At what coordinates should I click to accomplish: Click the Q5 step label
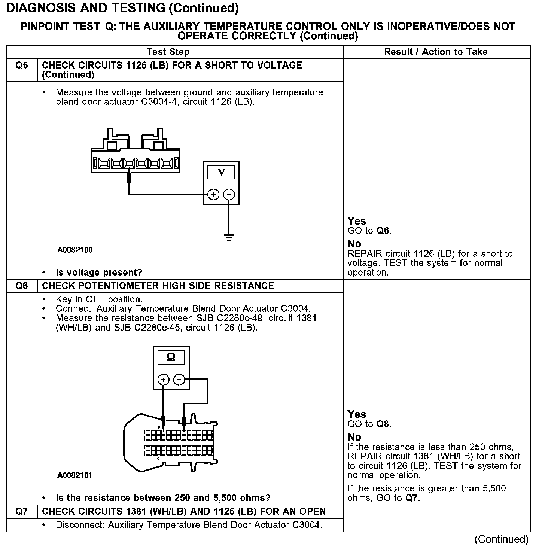click(22, 66)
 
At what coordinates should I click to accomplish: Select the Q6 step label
click(22, 286)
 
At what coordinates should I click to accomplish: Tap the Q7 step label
click(22, 512)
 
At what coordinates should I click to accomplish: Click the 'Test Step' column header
click(168, 52)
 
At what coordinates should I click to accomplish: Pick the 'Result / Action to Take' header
click(436, 52)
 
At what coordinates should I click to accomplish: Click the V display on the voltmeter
click(221, 173)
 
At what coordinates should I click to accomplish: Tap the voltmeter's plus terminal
click(213, 195)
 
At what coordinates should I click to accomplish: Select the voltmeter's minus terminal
click(229, 195)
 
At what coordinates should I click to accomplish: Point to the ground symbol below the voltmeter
click(229, 237)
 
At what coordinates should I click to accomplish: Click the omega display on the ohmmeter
click(171, 357)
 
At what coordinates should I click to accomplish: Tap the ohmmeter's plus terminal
click(163, 380)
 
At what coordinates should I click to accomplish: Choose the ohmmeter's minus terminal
click(179, 380)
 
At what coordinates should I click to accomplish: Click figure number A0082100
click(75, 250)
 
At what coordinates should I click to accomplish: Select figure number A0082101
click(75, 475)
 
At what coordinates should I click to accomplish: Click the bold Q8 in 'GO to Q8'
click(383, 424)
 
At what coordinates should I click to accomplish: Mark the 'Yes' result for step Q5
click(357, 221)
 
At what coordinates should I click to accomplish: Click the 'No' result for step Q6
click(354, 437)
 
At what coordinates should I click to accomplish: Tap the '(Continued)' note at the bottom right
click(501, 539)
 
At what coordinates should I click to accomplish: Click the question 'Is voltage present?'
click(99, 273)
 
